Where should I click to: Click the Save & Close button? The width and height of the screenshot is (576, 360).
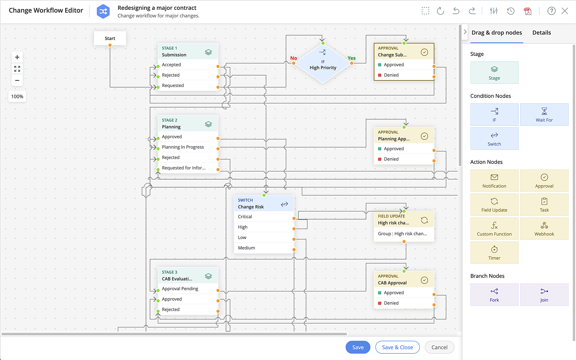(x=397, y=347)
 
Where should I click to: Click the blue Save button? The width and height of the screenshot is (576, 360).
(x=358, y=347)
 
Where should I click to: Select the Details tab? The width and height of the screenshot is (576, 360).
(x=541, y=33)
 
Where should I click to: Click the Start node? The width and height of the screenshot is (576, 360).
(x=110, y=38)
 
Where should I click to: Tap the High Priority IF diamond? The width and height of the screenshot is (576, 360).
(x=323, y=65)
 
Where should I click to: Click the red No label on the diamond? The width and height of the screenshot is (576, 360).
(x=293, y=58)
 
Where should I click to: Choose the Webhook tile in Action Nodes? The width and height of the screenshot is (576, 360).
(x=544, y=229)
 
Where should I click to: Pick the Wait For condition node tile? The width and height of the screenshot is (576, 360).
(x=544, y=115)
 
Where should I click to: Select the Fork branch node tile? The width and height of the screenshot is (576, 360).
(x=494, y=295)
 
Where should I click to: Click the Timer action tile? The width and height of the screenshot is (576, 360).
(x=494, y=253)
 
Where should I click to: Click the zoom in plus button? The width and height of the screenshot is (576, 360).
(x=17, y=57)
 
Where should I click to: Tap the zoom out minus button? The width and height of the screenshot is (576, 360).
(x=17, y=80)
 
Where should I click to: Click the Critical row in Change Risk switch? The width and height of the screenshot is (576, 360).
(x=245, y=217)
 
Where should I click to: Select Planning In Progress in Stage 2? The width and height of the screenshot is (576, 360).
(x=183, y=147)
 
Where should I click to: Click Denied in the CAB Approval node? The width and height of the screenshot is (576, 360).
(x=391, y=303)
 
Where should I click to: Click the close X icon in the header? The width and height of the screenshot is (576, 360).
(x=565, y=11)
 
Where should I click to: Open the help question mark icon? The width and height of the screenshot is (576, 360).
(x=551, y=11)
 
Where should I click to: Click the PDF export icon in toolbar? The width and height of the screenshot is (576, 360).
(x=528, y=11)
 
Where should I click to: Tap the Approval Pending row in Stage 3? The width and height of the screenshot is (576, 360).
(x=180, y=289)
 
